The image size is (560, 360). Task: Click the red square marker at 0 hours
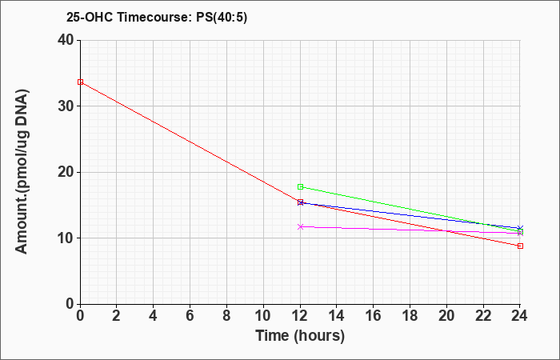click(x=80, y=82)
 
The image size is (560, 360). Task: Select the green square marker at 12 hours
click(x=300, y=186)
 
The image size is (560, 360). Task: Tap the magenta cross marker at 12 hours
click(x=300, y=226)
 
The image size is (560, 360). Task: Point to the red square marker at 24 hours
click(x=520, y=246)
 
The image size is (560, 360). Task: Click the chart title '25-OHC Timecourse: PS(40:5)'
click(x=157, y=17)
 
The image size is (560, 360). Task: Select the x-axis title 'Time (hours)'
click(x=300, y=336)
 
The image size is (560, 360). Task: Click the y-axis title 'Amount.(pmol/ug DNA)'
click(x=22, y=172)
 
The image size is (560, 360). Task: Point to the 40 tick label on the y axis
click(x=66, y=40)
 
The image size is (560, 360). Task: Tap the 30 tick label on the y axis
click(x=66, y=106)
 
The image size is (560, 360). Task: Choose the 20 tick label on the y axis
click(x=66, y=172)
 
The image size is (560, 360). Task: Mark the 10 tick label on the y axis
click(x=66, y=238)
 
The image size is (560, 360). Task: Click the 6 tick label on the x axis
click(x=190, y=316)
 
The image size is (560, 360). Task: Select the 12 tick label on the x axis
click(x=300, y=316)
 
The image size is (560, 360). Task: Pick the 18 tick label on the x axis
click(x=410, y=316)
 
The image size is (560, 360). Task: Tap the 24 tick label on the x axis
click(x=519, y=316)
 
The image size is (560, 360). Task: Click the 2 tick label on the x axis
click(x=117, y=316)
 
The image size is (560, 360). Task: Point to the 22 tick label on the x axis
click(x=483, y=316)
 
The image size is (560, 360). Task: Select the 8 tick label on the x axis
click(x=226, y=316)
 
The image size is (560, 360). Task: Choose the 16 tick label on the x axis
click(x=374, y=316)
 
